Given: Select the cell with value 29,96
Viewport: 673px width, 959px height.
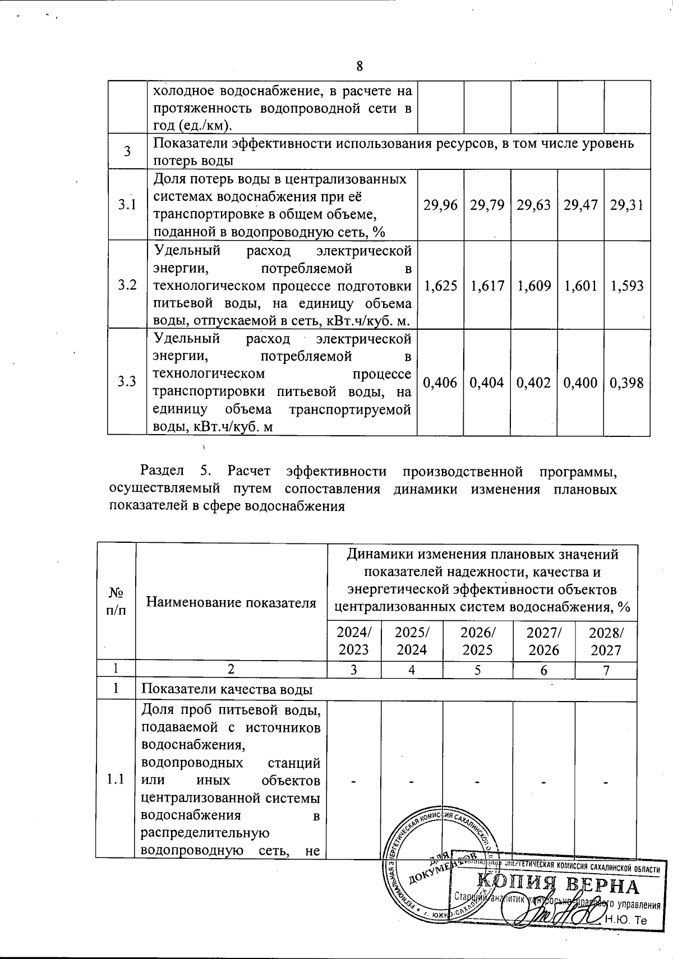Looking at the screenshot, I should (x=440, y=205).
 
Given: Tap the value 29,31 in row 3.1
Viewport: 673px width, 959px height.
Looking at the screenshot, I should (x=626, y=205).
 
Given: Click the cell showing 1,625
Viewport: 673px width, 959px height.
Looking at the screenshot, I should (x=440, y=285).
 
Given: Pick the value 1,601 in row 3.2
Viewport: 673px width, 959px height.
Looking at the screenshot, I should (x=580, y=285).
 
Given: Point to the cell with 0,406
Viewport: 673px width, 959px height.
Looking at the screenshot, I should (x=440, y=382).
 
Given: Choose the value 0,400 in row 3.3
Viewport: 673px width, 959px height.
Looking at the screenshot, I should (x=580, y=382).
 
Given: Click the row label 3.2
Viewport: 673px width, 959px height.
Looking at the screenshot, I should (x=127, y=285).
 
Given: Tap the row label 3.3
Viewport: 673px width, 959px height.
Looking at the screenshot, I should (x=127, y=382).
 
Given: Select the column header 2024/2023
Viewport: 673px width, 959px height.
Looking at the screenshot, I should (x=354, y=641).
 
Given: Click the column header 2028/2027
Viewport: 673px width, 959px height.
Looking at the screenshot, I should (x=606, y=641).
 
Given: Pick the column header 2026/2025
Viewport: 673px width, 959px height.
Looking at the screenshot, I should (x=477, y=641).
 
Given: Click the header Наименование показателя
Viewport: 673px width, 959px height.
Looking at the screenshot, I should (x=231, y=602).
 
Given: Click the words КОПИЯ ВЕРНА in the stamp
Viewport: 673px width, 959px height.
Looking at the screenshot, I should (x=558, y=887).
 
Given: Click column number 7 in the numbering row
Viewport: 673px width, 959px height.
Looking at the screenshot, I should (x=606, y=670).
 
